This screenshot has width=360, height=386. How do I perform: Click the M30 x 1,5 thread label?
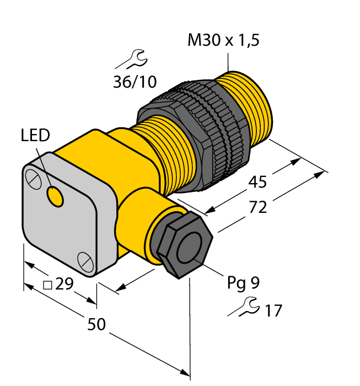[223, 41]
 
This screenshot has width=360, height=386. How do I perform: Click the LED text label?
[35, 135]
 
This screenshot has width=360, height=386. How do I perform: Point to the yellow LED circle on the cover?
[55, 196]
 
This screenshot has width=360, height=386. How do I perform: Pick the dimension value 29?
[65, 285]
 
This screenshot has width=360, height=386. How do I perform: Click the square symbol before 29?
[47, 286]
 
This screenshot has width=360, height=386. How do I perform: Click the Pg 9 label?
[243, 283]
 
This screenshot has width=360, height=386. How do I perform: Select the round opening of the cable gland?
[190, 245]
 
